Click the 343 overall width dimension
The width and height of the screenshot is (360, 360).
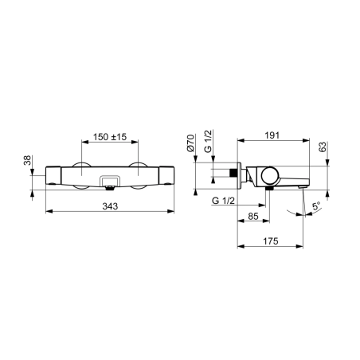[x=110, y=206]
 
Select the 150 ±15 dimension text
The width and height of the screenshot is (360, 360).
[x=110, y=137]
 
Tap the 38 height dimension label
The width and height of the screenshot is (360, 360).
[x=28, y=160]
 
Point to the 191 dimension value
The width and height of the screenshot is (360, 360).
[x=272, y=135]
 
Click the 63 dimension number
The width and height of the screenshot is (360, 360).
[x=322, y=147]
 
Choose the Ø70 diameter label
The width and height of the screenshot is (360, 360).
[x=190, y=143]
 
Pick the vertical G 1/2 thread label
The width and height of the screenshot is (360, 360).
[x=209, y=141]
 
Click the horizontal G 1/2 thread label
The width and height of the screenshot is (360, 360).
[x=223, y=201]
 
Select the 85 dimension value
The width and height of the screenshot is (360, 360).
[x=253, y=217]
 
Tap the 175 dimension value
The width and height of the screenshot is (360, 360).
[x=271, y=241]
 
